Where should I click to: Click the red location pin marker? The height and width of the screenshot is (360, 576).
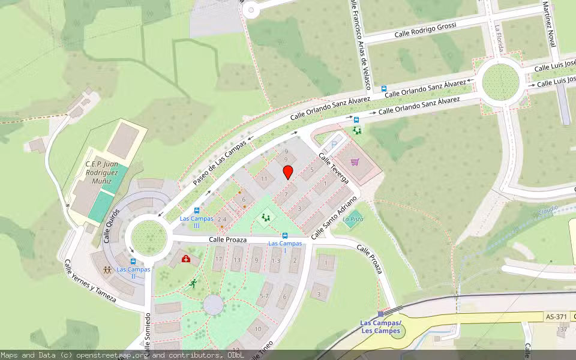tap(288, 172)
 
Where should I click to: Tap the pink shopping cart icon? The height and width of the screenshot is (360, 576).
tap(355, 162)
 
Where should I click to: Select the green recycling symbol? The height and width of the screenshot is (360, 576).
tap(357, 130)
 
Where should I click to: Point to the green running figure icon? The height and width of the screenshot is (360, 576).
tap(193, 283)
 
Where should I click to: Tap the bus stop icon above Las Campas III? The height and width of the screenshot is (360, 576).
tap(197, 211)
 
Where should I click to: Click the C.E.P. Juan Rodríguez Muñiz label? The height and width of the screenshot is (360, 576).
tap(101, 173)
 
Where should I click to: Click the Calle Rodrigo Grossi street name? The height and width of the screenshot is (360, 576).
tap(425, 29)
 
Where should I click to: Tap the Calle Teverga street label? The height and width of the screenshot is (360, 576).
tap(334, 168)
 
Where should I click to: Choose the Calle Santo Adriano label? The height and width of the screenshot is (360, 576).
tap(334, 215)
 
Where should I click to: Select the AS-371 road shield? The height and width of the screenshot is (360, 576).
tap(556, 316)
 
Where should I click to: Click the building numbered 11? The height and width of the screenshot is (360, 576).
tap(264, 179)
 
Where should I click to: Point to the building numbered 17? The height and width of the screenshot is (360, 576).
tap(219, 259)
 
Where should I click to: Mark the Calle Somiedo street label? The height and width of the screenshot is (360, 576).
tap(147, 330)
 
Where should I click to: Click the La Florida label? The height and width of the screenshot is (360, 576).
tap(499, 37)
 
